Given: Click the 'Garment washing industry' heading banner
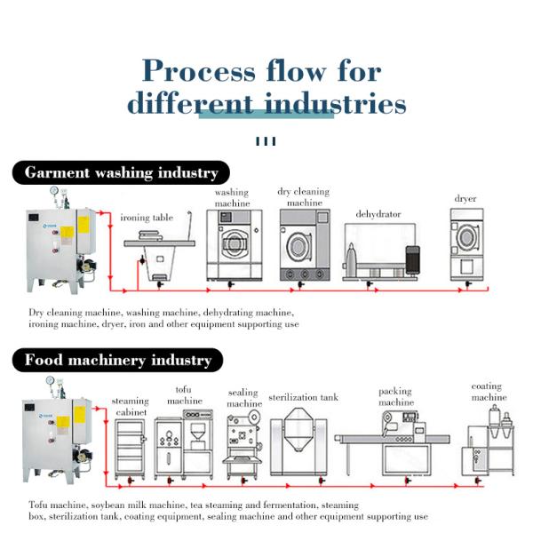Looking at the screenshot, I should coord(121,172).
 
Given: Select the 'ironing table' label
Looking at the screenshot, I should coord(147,218).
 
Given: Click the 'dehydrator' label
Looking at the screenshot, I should coord(378,214).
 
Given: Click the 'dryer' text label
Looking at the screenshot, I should coord(465,200).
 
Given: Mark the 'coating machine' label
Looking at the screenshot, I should coord(488,392).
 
